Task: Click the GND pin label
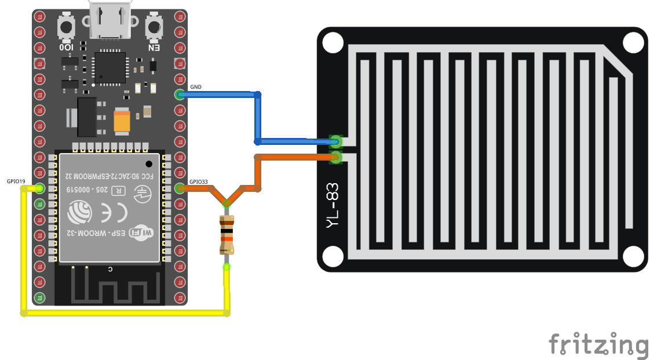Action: pos(196,87)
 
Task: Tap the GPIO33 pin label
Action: pos(198,181)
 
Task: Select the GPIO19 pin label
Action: pos(16,181)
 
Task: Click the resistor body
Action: pos(227,235)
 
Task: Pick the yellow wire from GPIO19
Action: pos(125,313)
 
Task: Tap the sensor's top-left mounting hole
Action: pos(333,43)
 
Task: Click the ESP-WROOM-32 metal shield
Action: pos(109,206)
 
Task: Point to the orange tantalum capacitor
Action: pos(122,122)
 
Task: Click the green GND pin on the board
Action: pos(180,94)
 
